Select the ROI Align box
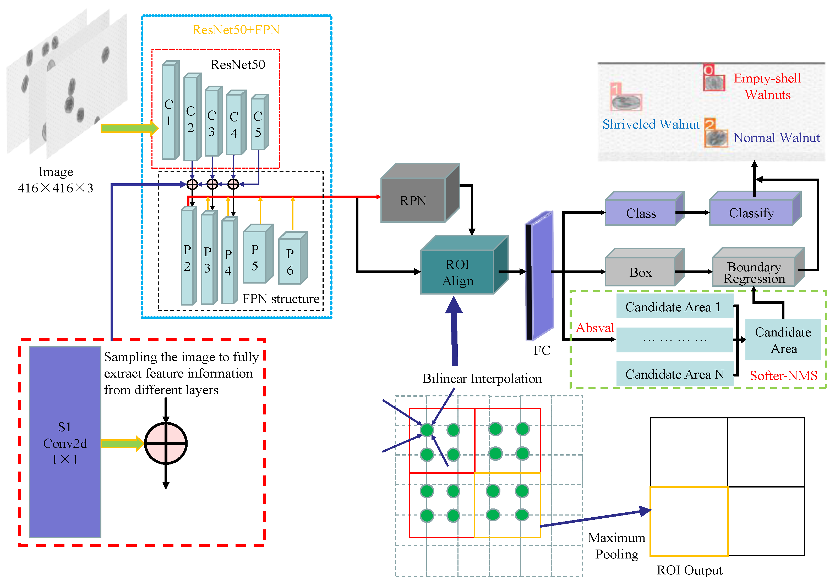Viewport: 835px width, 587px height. (457, 272)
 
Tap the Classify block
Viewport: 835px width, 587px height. (751, 213)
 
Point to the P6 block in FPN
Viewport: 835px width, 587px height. (290, 261)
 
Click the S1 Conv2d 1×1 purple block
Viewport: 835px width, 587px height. (65, 442)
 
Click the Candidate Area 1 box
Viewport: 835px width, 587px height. (674, 307)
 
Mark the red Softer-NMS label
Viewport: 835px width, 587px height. (783, 375)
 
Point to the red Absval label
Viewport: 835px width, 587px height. (595, 328)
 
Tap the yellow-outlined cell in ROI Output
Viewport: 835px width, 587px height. (689, 521)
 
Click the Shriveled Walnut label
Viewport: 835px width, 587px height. (651, 124)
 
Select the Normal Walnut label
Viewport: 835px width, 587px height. (777, 138)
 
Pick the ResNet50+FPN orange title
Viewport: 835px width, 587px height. (236, 30)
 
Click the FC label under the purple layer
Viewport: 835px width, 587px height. (542, 350)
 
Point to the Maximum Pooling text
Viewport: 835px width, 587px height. (616, 546)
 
